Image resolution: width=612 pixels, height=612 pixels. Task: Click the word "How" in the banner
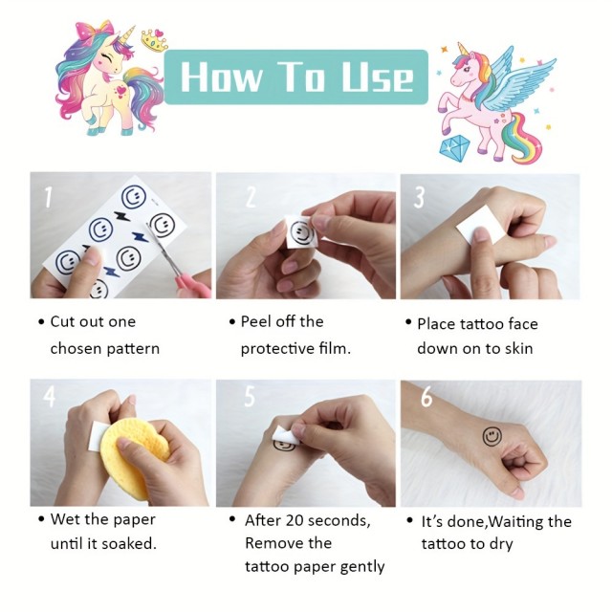[221, 76]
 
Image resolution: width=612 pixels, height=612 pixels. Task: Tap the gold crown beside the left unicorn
[155, 40]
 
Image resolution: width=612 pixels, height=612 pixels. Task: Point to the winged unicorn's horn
[464, 50]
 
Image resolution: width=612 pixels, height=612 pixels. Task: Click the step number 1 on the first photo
[48, 197]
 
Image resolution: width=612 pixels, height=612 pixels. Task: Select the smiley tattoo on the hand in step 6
[492, 436]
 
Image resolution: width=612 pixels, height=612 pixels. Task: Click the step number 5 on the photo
[250, 396]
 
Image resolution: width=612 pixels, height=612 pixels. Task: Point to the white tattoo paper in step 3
[479, 226]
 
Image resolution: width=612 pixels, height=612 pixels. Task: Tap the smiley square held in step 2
[301, 231]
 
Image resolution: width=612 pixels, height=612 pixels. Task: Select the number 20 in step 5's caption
[294, 520]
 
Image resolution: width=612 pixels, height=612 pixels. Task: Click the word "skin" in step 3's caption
[518, 348]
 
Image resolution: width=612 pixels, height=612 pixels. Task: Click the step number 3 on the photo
[419, 197]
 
